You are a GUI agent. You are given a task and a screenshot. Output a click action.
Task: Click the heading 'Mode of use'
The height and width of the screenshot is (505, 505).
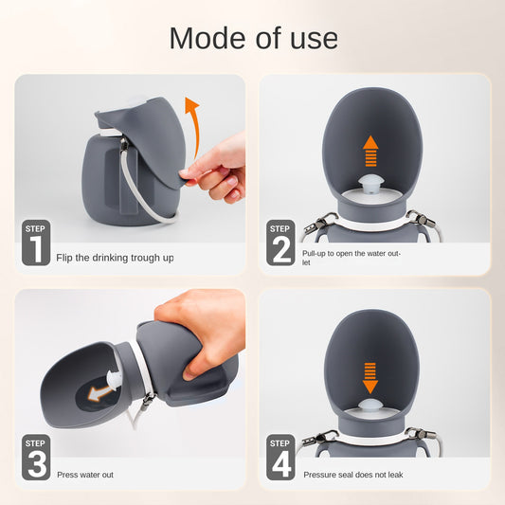(x=253, y=38)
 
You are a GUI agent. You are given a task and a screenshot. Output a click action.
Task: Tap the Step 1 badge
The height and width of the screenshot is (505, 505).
(x=36, y=243)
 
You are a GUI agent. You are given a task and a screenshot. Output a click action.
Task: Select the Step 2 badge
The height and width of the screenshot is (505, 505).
(x=280, y=243)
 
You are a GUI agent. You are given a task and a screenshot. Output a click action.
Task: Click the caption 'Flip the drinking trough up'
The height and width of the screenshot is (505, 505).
(x=115, y=258)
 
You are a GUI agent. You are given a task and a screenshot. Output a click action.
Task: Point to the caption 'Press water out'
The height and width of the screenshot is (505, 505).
(x=85, y=474)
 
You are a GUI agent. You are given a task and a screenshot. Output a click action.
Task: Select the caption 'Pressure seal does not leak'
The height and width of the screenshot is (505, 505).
(x=352, y=474)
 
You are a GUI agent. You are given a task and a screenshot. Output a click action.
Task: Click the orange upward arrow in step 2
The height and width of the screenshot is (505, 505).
(x=370, y=152)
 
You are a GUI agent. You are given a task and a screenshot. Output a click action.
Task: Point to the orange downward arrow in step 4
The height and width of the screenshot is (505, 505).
(x=370, y=376)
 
